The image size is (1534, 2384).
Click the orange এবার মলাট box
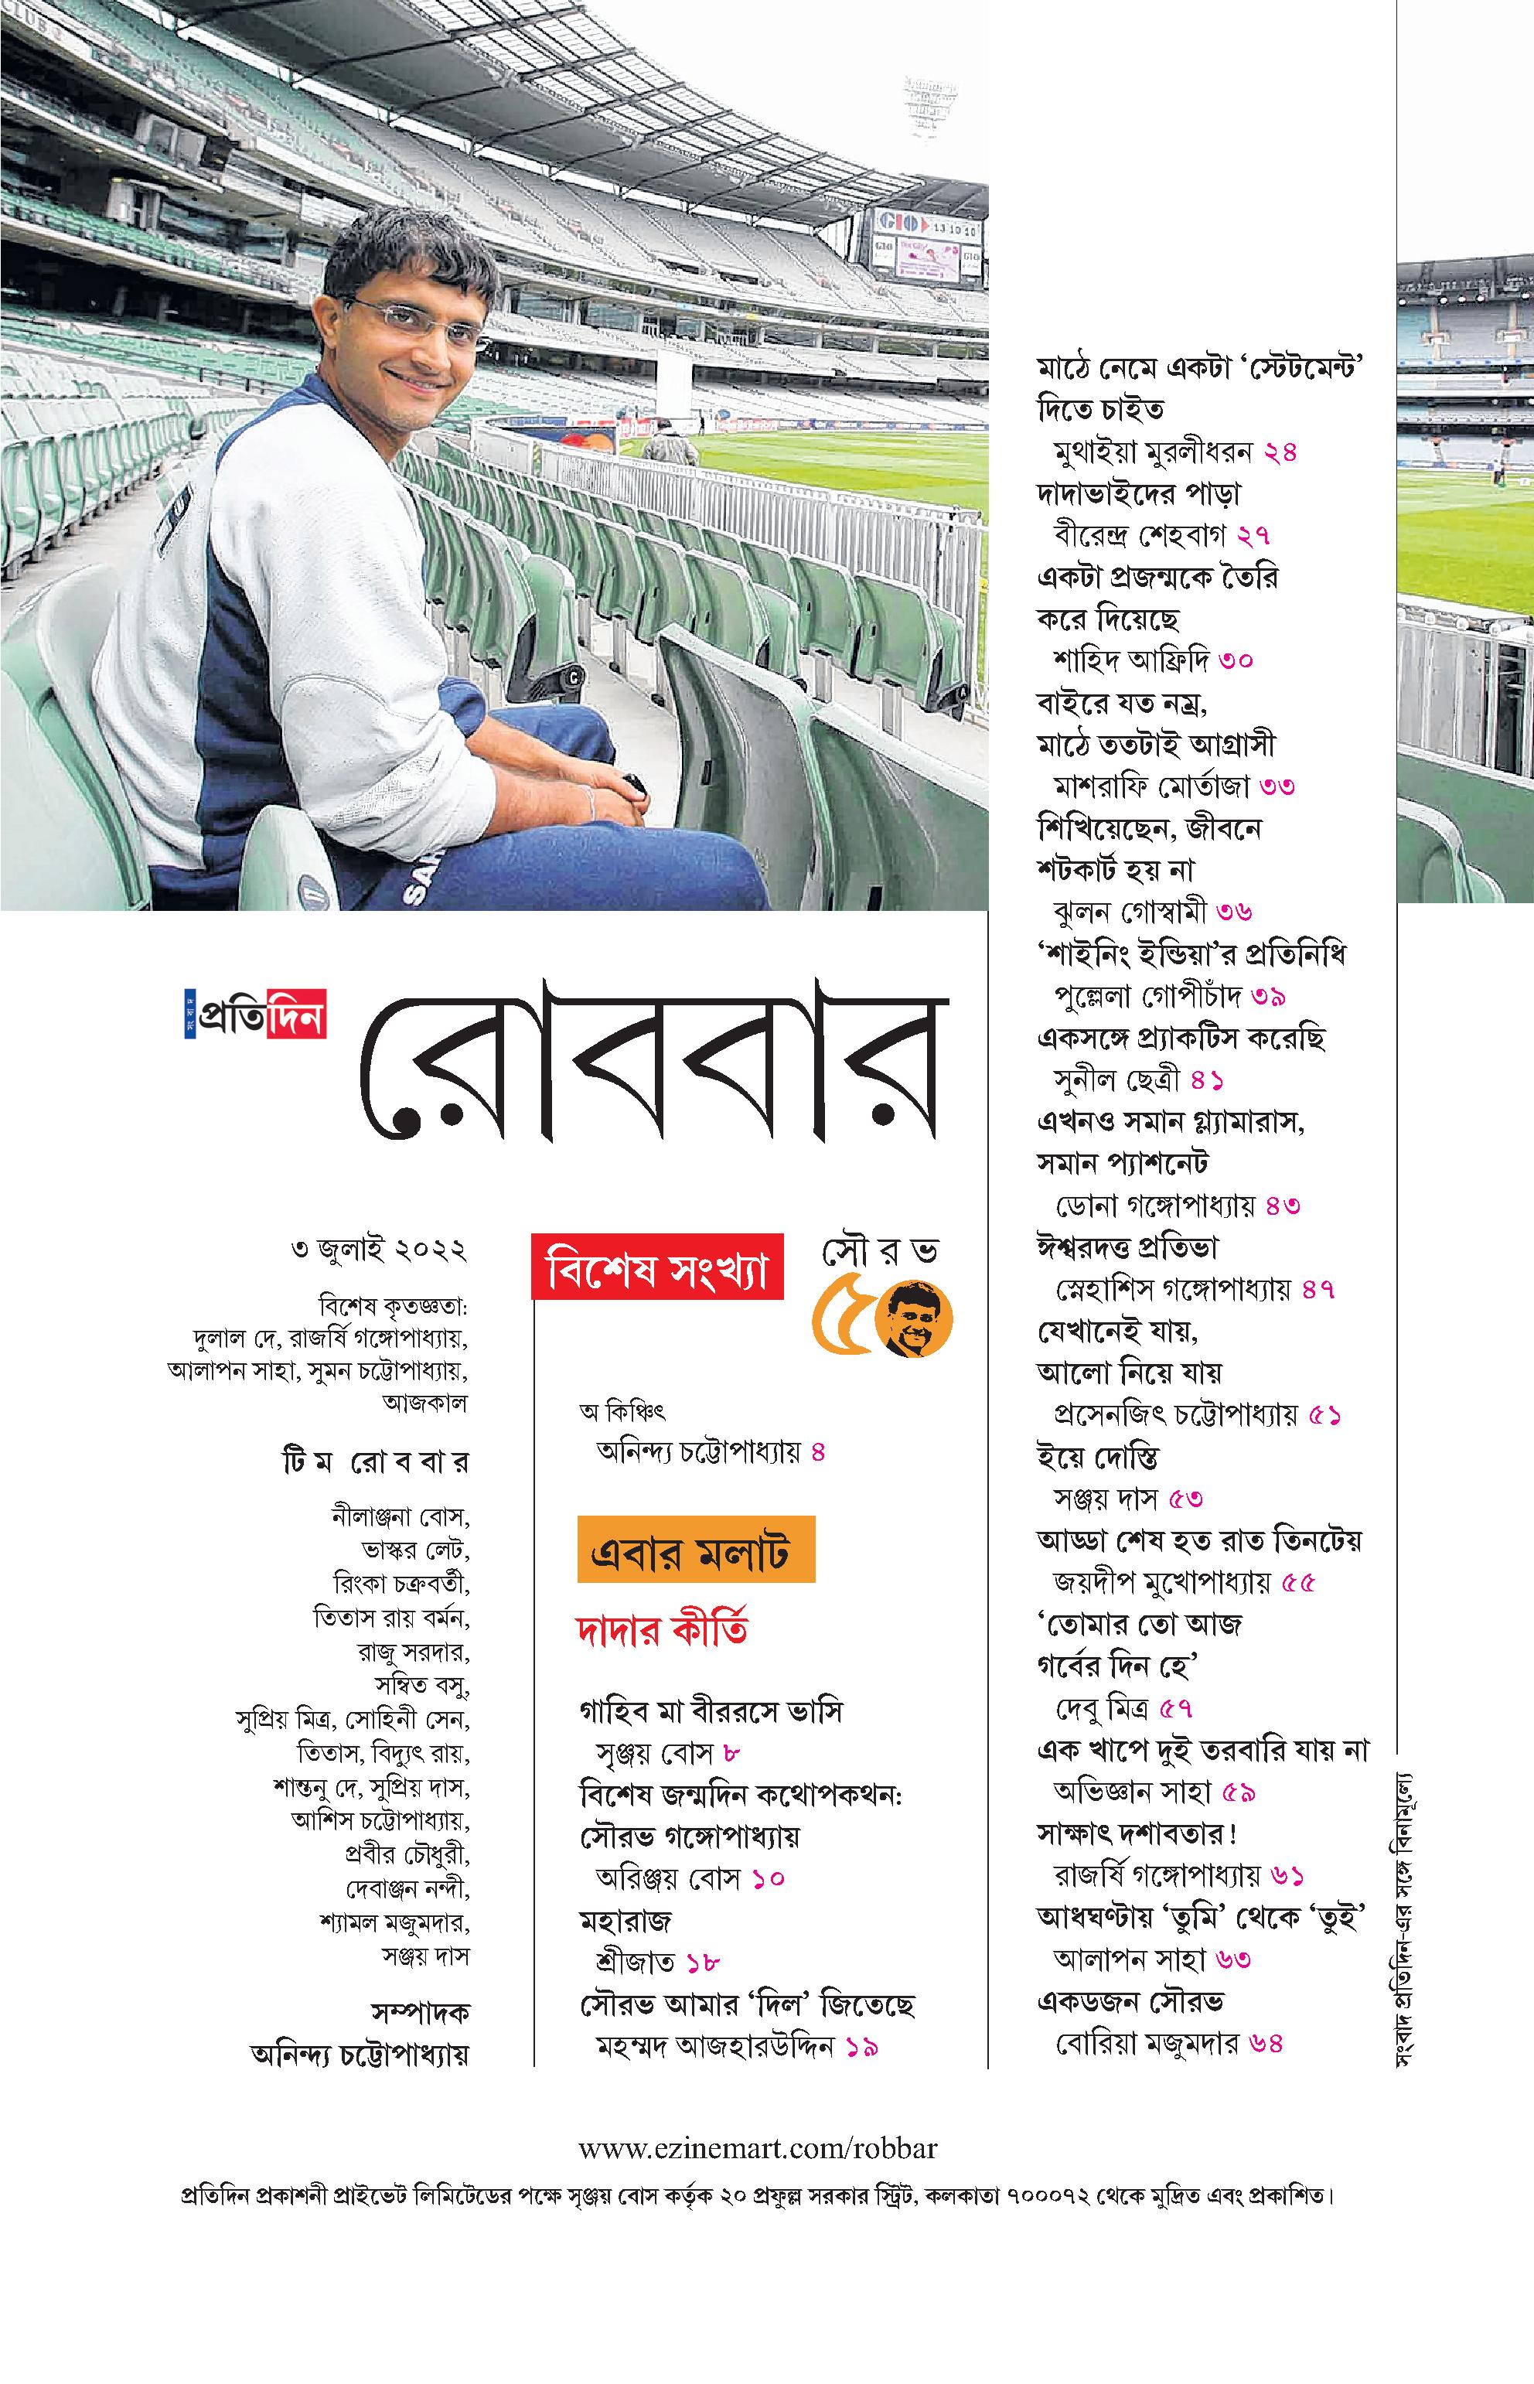[x=695, y=1549]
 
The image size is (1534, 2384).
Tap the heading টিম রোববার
[x=374, y=1464]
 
